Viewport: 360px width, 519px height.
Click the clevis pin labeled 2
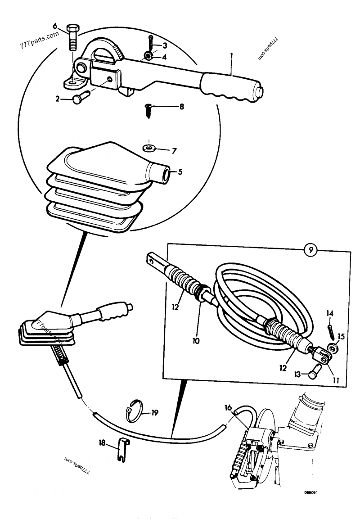pos(79,98)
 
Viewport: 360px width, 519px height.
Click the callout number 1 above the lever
pos(231,58)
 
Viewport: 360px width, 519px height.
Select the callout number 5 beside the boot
pos(180,171)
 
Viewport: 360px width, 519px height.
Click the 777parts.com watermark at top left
pos(40,41)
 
